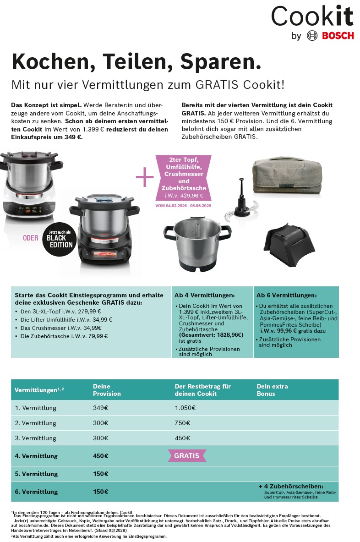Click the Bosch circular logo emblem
tap(312, 36)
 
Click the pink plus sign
tap(145, 177)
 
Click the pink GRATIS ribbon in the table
tap(186, 456)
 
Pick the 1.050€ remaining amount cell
tap(185, 408)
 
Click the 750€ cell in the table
tap(182, 423)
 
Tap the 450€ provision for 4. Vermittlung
tap(100, 456)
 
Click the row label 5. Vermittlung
tap(36, 474)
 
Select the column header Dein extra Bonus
tap(272, 390)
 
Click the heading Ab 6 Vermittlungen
tap(286, 296)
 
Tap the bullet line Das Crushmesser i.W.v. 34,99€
tap(61, 328)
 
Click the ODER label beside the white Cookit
tap(31, 238)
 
